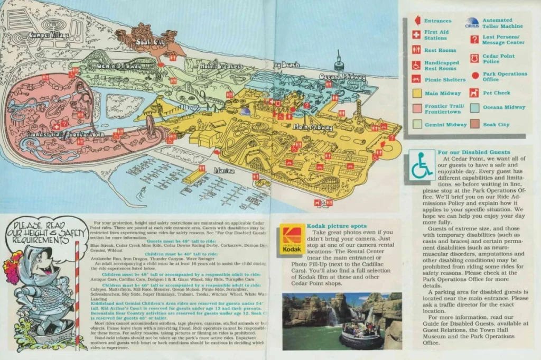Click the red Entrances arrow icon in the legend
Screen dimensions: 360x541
pyautogui.click(x=416, y=21)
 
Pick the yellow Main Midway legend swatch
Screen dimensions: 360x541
pyautogui.click(x=416, y=94)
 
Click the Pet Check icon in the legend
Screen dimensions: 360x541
pyautogui.click(x=474, y=93)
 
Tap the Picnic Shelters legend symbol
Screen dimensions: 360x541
pyautogui.click(x=416, y=79)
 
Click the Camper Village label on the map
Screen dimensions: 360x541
pyautogui.click(x=51, y=35)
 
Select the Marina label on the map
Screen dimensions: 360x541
pyautogui.click(x=224, y=171)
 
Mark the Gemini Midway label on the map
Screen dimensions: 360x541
pyautogui.click(x=118, y=66)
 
